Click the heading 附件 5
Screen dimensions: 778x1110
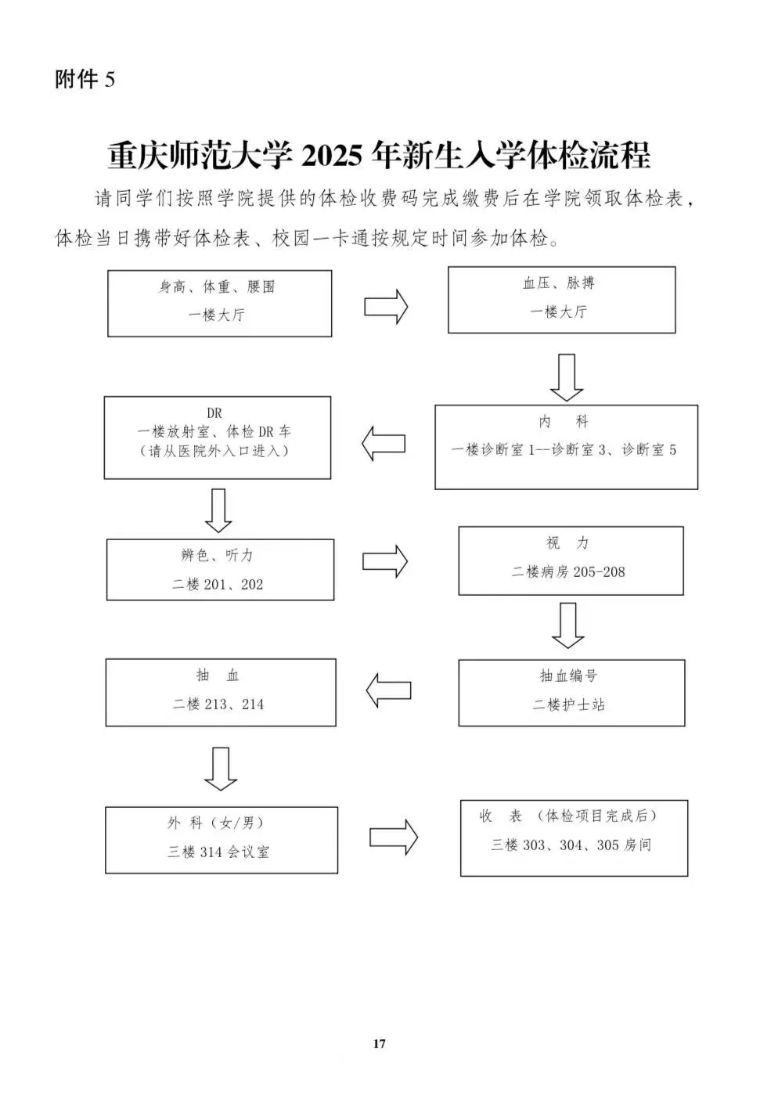(x=85, y=79)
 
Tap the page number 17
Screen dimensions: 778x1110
(x=379, y=1043)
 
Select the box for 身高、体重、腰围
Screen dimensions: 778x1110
(x=219, y=303)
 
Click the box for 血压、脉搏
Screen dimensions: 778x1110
(x=561, y=300)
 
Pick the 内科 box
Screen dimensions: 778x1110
(x=567, y=447)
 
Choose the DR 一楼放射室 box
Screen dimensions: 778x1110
(x=218, y=438)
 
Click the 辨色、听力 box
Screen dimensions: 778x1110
(x=220, y=570)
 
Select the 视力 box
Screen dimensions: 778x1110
(x=571, y=560)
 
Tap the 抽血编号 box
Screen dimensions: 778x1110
(x=572, y=693)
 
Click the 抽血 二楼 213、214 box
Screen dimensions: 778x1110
(x=221, y=692)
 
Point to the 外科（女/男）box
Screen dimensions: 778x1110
(x=222, y=840)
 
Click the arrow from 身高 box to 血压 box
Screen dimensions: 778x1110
(x=386, y=307)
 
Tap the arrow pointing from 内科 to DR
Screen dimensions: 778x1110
(x=383, y=443)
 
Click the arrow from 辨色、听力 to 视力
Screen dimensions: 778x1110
(x=385, y=561)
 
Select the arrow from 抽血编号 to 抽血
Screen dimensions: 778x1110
(x=388, y=690)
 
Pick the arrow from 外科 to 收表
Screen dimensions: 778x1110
(x=394, y=837)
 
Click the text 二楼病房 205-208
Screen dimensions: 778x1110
(x=568, y=572)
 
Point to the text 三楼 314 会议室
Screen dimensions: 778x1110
(x=218, y=852)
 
